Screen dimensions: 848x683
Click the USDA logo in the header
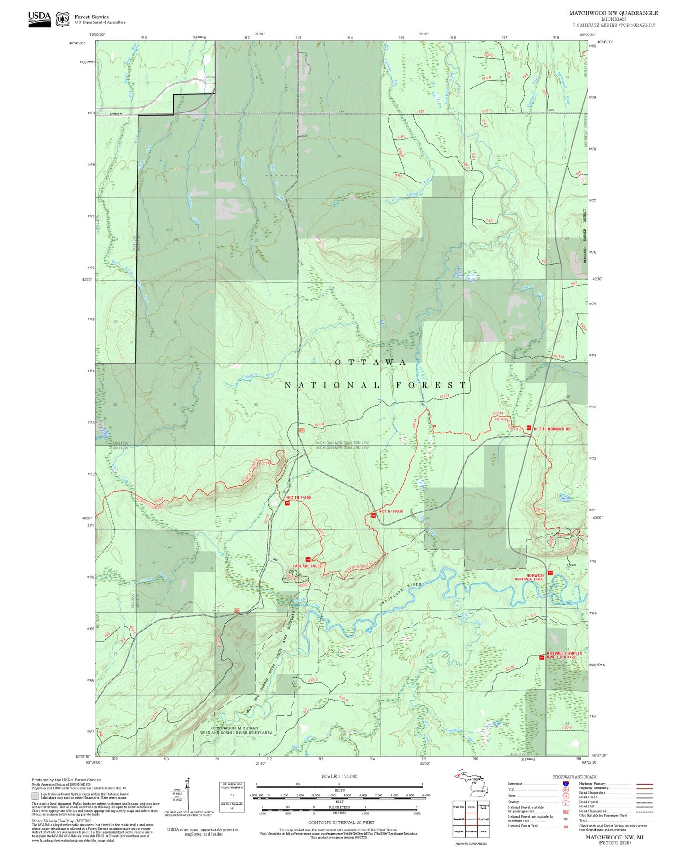[x=39, y=18]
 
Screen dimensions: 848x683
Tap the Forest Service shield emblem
[x=62, y=19]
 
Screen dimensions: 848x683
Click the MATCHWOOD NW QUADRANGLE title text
[x=613, y=13]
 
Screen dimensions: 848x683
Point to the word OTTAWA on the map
[x=370, y=363]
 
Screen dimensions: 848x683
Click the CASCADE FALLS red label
[x=307, y=566]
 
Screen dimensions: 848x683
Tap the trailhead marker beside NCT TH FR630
[x=373, y=515]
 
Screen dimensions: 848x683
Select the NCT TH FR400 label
[x=298, y=498]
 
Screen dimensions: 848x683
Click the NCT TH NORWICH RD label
[x=552, y=429]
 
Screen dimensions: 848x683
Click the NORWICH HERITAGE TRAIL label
[x=529, y=577]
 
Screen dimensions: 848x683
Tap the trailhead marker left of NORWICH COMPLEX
[x=541, y=657]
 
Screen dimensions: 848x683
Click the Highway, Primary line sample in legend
[x=644, y=784]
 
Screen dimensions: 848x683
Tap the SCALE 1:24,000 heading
[x=339, y=776]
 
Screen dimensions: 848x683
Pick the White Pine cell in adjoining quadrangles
[x=458, y=807]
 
